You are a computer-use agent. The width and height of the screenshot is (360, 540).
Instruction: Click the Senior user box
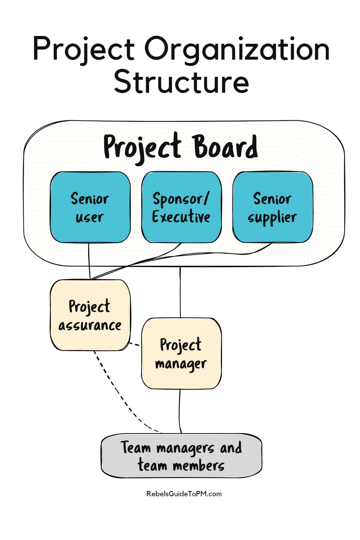click(x=90, y=207)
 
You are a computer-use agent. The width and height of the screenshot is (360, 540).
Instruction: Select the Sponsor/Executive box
click(x=181, y=207)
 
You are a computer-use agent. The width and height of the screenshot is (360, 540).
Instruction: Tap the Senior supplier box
click(x=273, y=207)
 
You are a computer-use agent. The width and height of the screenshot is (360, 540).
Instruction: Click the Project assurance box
click(x=90, y=315)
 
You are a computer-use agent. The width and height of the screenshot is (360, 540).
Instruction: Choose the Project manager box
click(x=181, y=354)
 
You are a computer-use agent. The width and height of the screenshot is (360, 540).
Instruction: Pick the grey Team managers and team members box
click(x=181, y=456)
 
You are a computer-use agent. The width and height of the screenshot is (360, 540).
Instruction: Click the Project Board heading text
click(x=180, y=147)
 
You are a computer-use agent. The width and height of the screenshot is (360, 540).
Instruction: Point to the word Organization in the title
click(x=237, y=50)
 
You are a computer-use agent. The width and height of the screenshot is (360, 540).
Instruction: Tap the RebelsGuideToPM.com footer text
click(x=184, y=494)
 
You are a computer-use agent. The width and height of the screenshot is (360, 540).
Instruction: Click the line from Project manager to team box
click(x=180, y=410)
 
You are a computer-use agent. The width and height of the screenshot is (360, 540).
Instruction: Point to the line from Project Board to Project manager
click(x=180, y=292)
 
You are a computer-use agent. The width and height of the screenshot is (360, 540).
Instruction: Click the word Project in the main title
click(x=84, y=50)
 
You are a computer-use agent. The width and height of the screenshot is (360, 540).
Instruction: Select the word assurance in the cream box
click(x=90, y=325)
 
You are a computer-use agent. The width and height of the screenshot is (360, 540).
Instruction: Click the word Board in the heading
click(x=225, y=147)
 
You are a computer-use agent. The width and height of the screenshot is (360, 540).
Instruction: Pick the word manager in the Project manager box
click(x=181, y=364)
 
